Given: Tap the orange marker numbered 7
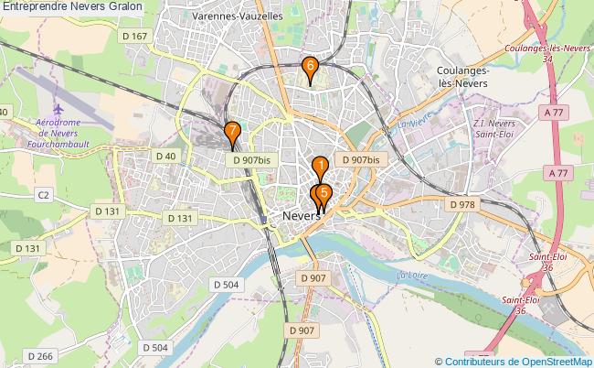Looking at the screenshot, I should coord(232,132).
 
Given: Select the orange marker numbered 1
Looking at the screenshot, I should coord(321,166).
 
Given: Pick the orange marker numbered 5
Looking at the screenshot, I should coord(324,193).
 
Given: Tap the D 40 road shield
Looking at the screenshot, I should coord(165,156).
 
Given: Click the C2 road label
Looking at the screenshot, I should coord(43,194).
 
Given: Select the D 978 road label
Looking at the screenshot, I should coord(464,204).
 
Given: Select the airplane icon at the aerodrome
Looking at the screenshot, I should coord(60,108).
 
